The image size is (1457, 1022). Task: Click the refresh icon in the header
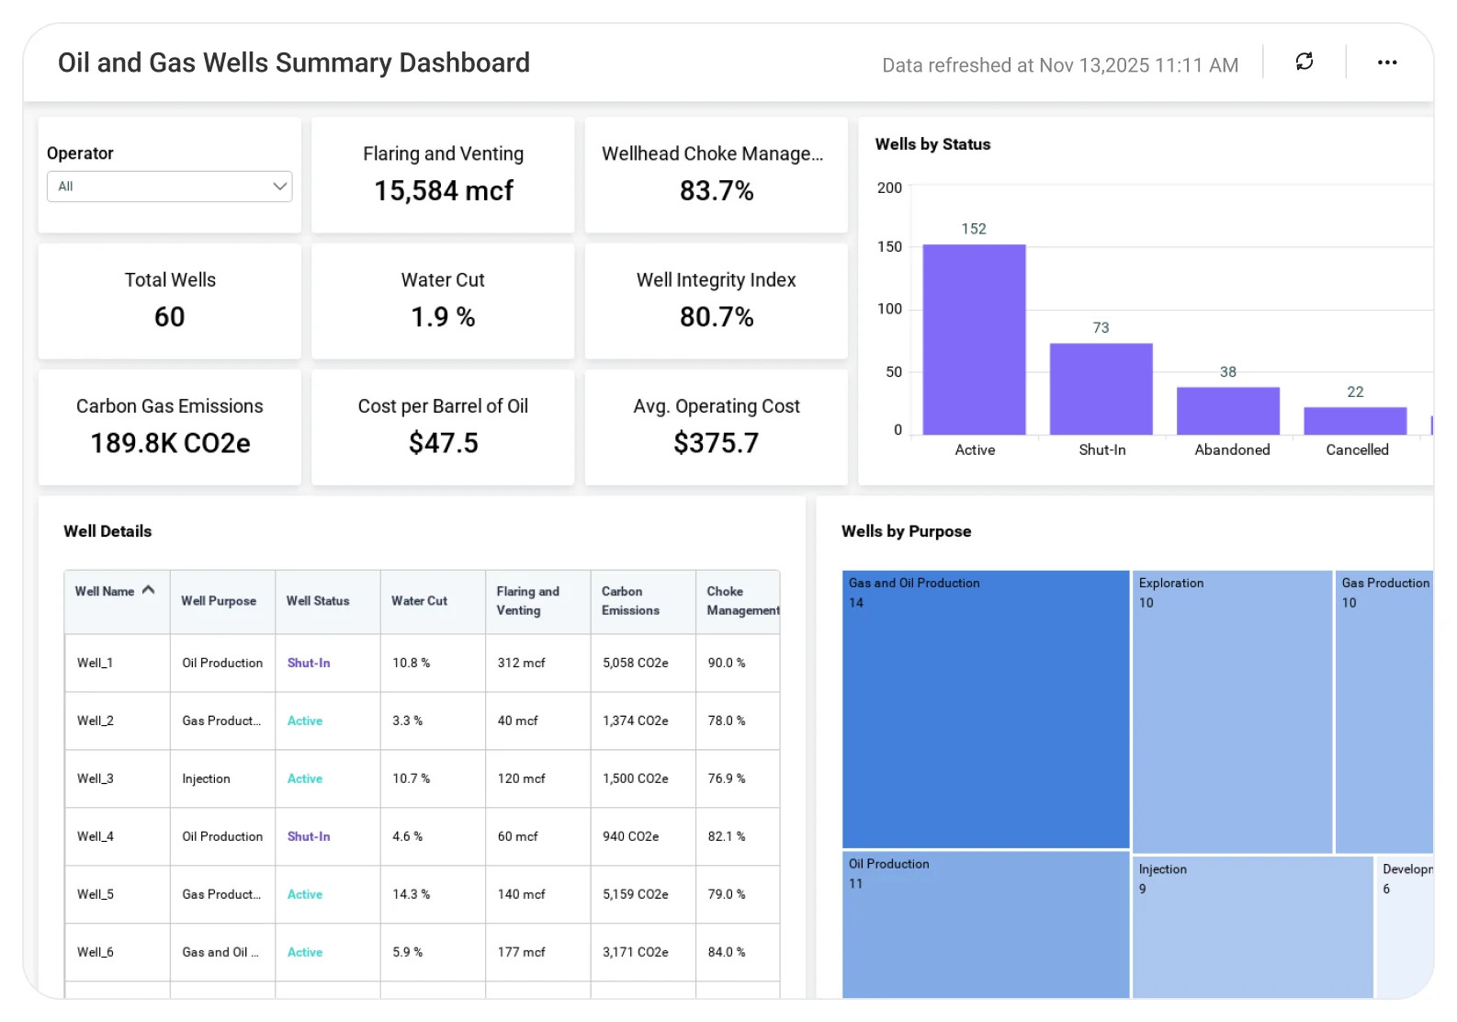1304,62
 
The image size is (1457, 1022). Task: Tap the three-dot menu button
1387,62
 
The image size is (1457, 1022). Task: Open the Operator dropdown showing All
169,187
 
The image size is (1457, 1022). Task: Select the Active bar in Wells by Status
974,339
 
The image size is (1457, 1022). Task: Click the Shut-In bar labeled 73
1101,389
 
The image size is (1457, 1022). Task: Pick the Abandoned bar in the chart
1227,411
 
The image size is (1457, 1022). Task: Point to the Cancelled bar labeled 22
1355,421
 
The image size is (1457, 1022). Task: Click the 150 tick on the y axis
889,246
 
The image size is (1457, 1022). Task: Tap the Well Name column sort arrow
148,590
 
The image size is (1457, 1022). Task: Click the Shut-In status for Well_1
309,663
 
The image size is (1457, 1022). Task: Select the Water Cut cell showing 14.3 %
411,894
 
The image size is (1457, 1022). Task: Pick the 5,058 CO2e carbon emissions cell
635,663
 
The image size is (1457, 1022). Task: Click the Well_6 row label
95,952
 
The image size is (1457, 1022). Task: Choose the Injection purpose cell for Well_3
206,778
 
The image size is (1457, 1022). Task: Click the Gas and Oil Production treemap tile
985,710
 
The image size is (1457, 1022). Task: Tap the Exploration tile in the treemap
1231,711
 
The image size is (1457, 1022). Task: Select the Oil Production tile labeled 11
985,924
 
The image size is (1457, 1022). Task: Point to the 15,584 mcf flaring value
443,190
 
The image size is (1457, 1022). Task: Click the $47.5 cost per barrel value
443,443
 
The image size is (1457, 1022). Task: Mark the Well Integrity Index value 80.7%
717,317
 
